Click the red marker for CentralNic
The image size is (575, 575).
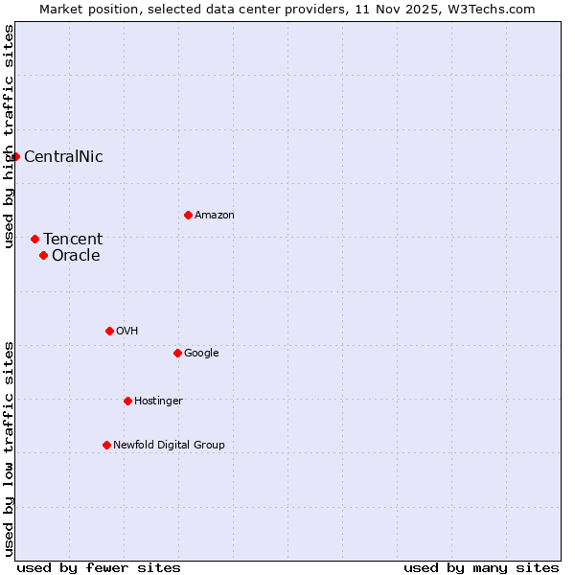click(16, 156)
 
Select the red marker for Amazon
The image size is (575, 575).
click(188, 215)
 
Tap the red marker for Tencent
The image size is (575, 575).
click(34, 239)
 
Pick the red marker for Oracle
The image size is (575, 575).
click(43, 255)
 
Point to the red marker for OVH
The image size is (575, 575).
click(109, 331)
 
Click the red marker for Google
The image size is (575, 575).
click(177, 353)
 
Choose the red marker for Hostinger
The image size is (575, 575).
click(127, 401)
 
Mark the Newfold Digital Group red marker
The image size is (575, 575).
click(106, 445)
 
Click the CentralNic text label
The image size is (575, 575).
click(63, 157)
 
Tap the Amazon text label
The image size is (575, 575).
click(215, 216)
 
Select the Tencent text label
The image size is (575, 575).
click(73, 240)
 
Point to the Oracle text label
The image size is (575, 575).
click(76, 256)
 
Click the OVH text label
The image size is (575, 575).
click(127, 332)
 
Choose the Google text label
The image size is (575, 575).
click(201, 354)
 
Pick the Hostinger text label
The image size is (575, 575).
click(158, 402)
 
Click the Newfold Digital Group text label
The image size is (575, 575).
click(169, 446)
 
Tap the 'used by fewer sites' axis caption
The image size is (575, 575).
click(99, 567)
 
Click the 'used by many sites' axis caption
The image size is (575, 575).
click(481, 567)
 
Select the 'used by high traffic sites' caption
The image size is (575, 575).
click(9, 136)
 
